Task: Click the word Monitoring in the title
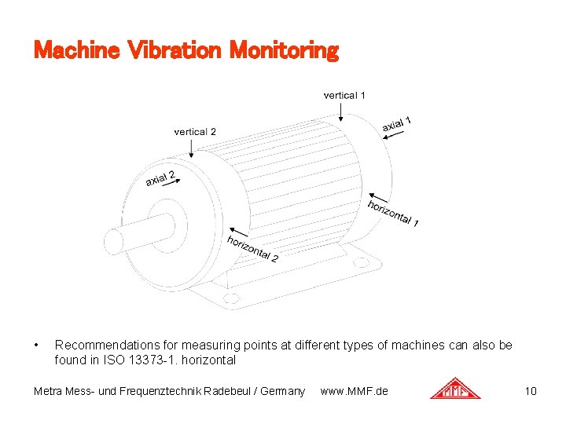click(x=284, y=51)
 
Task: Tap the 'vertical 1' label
click(x=344, y=95)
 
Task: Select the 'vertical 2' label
click(x=195, y=132)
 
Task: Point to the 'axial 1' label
click(x=397, y=124)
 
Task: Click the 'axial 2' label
click(x=160, y=178)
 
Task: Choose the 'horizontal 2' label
click(x=252, y=248)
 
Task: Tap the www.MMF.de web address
click(x=354, y=391)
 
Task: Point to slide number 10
click(x=531, y=391)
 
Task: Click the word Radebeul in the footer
click(x=230, y=391)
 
